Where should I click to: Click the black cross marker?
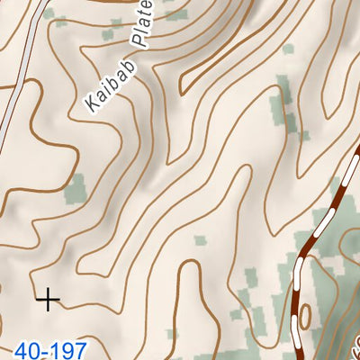[x=47, y=299]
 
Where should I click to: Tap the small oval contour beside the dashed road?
[x=305, y=315]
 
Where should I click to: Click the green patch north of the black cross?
[x=76, y=188]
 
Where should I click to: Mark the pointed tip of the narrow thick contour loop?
[x=183, y=89]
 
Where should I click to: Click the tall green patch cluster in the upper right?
[x=286, y=112]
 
